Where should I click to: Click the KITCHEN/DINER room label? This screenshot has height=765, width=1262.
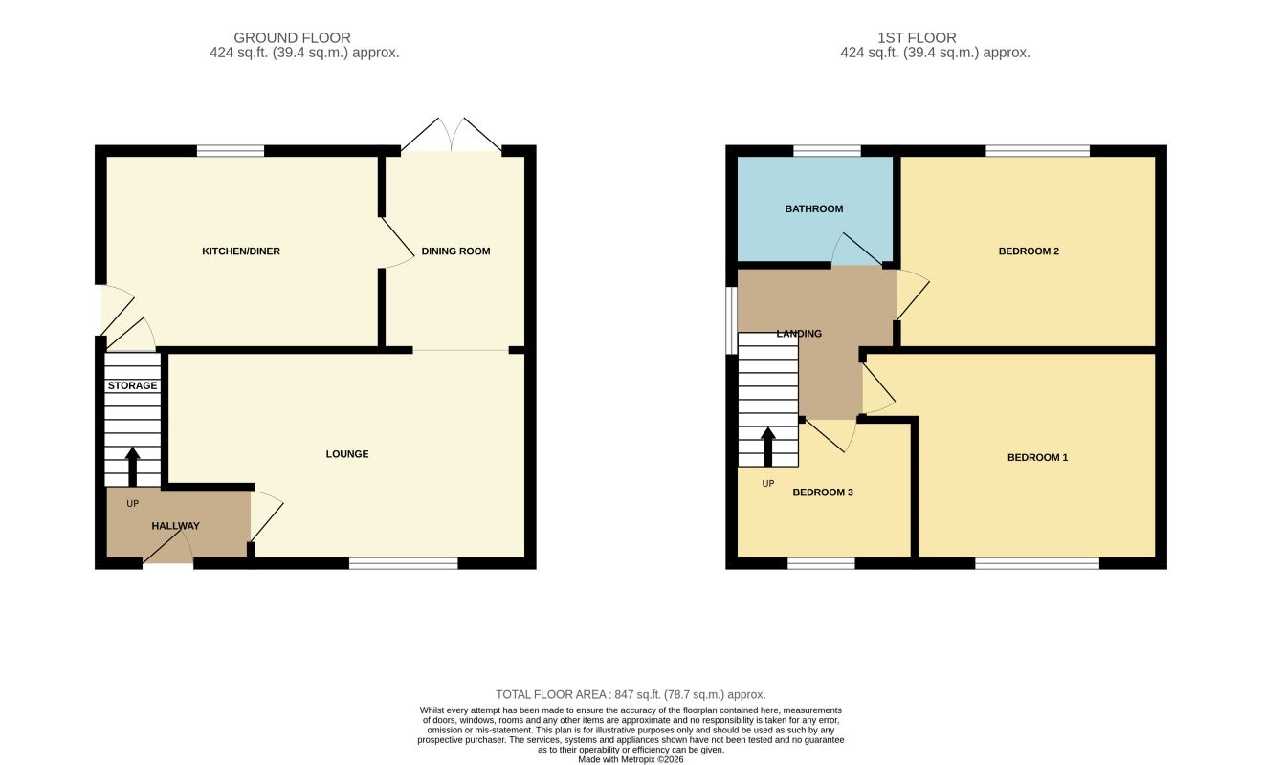click(240, 251)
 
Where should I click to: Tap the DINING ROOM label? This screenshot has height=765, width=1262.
click(455, 251)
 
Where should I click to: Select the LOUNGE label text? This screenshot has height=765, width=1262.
click(347, 453)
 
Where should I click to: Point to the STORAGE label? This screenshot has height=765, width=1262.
click(132, 385)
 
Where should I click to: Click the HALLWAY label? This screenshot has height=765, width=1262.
click(175, 526)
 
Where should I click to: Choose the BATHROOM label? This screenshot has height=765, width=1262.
click(814, 208)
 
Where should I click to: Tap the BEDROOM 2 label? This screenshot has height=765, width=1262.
click(1029, 251)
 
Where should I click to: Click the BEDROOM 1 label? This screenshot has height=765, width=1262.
click(1037, 457)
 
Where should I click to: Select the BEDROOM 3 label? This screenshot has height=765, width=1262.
click(823, 492)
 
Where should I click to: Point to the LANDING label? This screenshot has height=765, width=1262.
click(799, 333)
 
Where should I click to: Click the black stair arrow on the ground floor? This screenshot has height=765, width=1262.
click(132, 467)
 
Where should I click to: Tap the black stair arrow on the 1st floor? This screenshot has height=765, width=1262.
click(768, 447)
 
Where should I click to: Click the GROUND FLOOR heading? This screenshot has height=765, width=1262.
click(292, 37)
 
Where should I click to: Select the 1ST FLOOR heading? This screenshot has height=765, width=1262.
click(917, 37)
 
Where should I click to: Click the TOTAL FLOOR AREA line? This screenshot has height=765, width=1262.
click(631, 694)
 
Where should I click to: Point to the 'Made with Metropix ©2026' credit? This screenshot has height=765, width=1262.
click(631, 759)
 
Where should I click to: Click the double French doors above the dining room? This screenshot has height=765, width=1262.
click(452, 135)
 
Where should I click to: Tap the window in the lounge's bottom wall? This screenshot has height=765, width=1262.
click(404, 563)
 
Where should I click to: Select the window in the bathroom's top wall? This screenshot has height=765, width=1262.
click(827, 150)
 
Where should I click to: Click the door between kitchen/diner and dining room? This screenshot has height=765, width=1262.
click(398, 243)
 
